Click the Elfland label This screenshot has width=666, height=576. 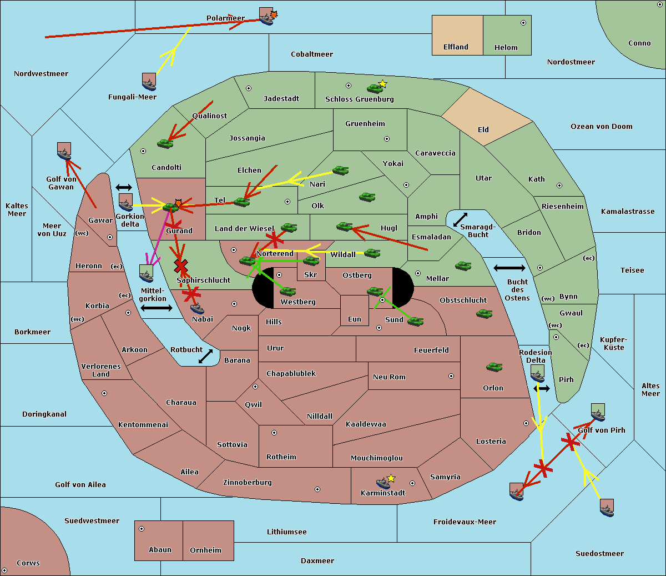pyautogui.click(x=456, y=47)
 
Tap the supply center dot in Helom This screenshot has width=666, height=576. pyautogui.click(x=523, y=23)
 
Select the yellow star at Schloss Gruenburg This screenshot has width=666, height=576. pyautogui.click(x=382, y=84)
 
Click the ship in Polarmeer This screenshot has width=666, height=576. pyautogui.click(x=266, y=17)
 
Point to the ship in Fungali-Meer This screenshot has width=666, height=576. pyautogui.click(x=149, y=82)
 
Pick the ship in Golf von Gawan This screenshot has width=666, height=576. pyautogui.click(x=64, y=152)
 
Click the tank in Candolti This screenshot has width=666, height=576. pyautogui.click(x=165, y=143)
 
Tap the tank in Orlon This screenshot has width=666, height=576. pyautogui.click(x=494, y=367)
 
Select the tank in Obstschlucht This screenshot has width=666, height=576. pyautogui.click(x=485, y=314)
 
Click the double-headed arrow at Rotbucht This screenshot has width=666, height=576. pyautogui.click(x=205, y=356)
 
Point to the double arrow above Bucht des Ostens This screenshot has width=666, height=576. pyautogui.click(x=509, y=268)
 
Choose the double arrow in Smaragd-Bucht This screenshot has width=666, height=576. pyautogui.click(x=460, y=220)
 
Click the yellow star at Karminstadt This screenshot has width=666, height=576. pyautogui.click(x=391, y=478)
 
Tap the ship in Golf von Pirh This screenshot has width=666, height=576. pyautogui.click(x=598, y=413)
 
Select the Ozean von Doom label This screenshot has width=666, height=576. pyautogui.click(x=601, y=127)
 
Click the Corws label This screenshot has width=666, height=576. pyautogui.click(x=28, y=563)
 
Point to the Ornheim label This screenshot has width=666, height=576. pyautogui.click(x=205, y=550)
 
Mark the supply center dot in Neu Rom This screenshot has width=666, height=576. pyautogui.click(x=451, y=376)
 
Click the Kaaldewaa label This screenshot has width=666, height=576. pyautogui.click(x=366, y=424)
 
